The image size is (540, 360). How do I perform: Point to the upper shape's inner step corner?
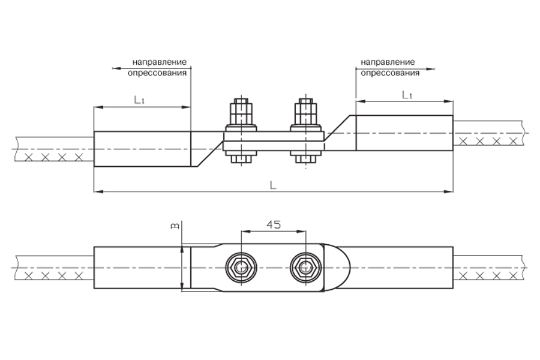click(x=442, y=99)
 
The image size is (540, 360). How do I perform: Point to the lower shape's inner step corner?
click(x=442, y=245)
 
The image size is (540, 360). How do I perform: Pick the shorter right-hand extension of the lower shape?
click(x=485, y=267)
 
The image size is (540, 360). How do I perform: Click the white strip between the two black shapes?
click(x=270, y=206)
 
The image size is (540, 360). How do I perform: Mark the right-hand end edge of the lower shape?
click(x=528, y=267)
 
